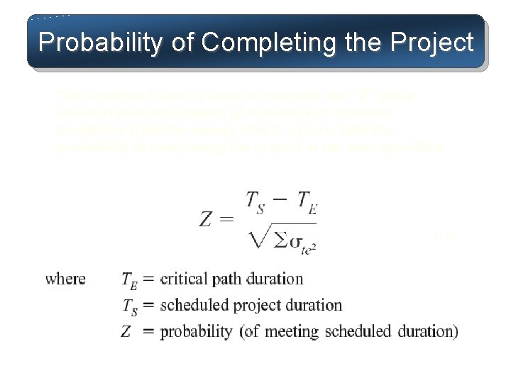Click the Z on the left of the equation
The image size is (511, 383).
coord(205,219)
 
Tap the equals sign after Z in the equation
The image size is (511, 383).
coord(227,220)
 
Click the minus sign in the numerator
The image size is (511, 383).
coord(281,199)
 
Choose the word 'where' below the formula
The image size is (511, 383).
coord(65,279)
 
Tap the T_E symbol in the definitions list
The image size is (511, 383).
coord(130,281)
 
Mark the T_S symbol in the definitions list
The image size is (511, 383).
coord(130,306)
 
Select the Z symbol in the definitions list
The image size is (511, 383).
coord(128,331)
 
